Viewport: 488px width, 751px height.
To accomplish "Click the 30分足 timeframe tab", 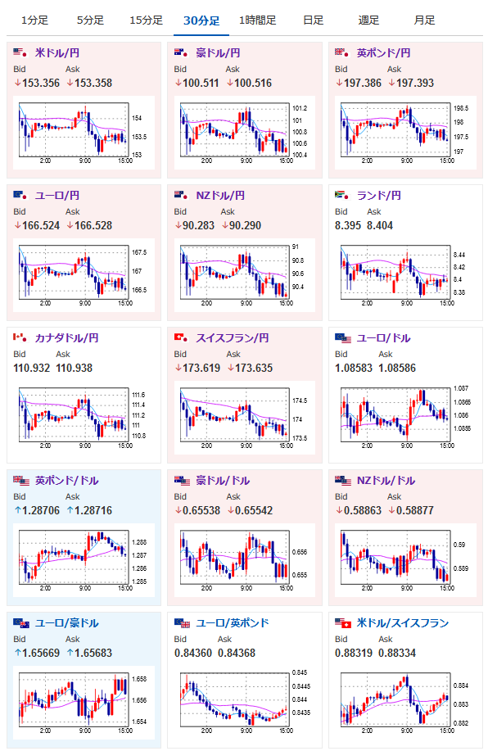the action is [201, 20].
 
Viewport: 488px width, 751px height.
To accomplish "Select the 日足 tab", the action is [314, 20].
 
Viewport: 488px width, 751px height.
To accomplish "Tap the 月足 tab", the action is [424, 20].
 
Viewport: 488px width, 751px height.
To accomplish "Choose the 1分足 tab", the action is [34, 20].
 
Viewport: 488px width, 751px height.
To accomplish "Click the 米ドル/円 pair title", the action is [57, 52].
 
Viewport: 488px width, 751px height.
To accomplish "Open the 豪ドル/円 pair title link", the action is [218, 52].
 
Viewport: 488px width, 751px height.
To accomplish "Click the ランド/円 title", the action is [379, 196].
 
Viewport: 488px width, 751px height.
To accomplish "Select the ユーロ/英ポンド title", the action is [233, 622].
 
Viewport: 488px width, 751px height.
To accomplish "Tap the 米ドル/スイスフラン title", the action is [403, 622].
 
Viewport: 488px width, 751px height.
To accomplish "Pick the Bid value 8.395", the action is [348, 225].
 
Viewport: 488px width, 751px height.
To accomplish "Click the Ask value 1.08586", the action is [397, 368].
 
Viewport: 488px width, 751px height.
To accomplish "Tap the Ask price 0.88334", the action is [397, 653].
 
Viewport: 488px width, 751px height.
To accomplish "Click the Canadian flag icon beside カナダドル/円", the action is [20, 337].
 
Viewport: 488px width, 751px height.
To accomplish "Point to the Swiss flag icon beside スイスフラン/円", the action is [181, 337].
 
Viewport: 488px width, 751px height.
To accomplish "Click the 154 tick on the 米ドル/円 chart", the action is [137, 118].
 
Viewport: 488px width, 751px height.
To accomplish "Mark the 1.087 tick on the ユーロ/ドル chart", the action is [461, 388].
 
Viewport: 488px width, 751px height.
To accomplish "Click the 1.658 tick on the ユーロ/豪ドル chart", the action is [139, 679].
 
